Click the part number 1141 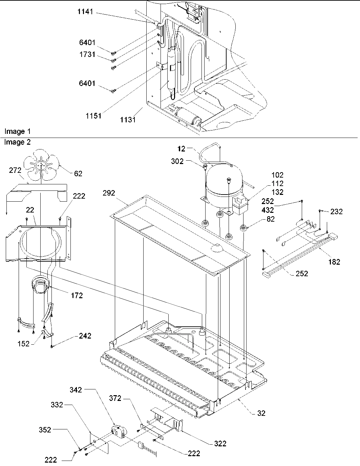click(85, 13)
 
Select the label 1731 click(87, 55)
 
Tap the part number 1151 click(93, 116)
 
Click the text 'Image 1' click(15, 131)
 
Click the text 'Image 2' click(17, 142)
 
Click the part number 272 click(15, 171)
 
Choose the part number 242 click(85, 336)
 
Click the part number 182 click(334, 261)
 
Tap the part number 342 click(76, 390)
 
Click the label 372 click(115, 399)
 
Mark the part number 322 click(220, 444)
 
